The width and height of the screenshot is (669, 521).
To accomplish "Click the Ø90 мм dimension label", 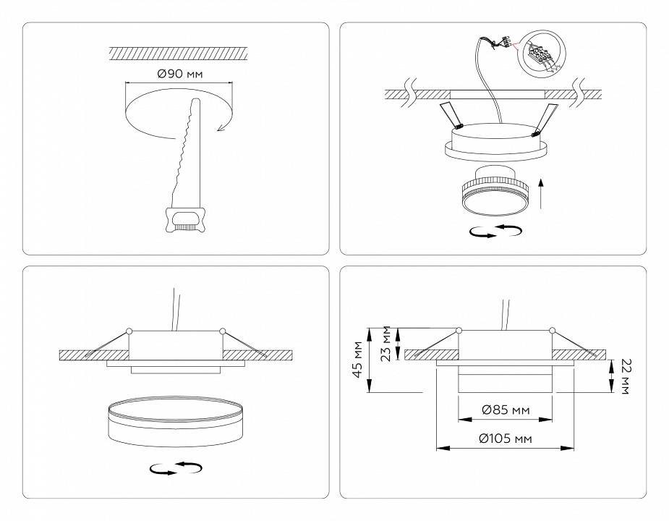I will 179,75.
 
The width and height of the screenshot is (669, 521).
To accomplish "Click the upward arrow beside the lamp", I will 543,193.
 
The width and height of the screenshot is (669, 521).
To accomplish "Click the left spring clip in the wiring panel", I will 448,115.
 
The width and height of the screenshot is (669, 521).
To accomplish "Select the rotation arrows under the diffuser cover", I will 175,469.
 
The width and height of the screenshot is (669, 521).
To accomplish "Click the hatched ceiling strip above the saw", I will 179,53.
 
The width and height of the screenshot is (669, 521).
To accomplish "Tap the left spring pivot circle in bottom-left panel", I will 129,331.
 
